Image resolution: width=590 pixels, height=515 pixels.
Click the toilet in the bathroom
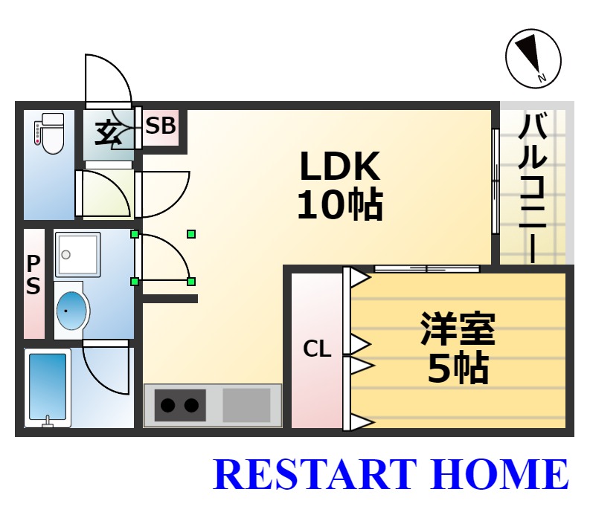coord(50,134)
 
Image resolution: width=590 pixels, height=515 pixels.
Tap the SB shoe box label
coord(161,126)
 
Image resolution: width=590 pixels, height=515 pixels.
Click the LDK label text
coord(340,166)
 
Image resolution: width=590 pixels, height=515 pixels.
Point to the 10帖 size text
coord(340,205)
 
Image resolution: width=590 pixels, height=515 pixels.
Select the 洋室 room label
coord(458,328)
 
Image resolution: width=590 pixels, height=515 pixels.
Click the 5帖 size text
coord(458,368)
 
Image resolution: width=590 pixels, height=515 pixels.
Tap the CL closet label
coord(317,349)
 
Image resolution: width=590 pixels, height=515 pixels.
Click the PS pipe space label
coord(33,275)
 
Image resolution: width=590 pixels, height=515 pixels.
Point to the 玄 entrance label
coord(108,132)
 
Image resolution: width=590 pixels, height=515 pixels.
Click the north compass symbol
coord(533,59)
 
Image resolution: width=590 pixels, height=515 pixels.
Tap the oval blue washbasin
coord(71,311)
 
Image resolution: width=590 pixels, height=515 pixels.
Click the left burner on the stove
coord(167,405)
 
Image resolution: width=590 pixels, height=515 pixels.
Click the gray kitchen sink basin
coord(246,405)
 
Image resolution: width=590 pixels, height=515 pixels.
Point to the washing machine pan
coord(77,254)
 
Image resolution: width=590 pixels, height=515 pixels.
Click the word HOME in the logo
coord(501,473)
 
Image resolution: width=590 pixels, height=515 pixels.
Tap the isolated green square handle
coord(191,234)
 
